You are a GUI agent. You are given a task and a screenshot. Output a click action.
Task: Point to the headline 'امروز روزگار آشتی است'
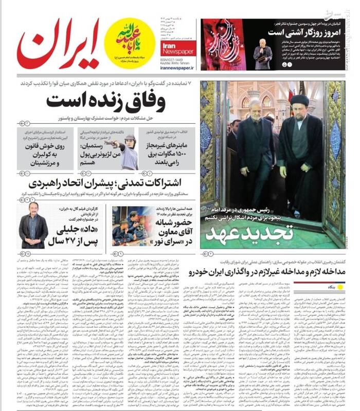pyautogui.click(x=309, y=31)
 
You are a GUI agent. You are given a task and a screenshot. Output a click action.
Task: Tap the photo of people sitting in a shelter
pyautogui.click(x=125, y=226)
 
